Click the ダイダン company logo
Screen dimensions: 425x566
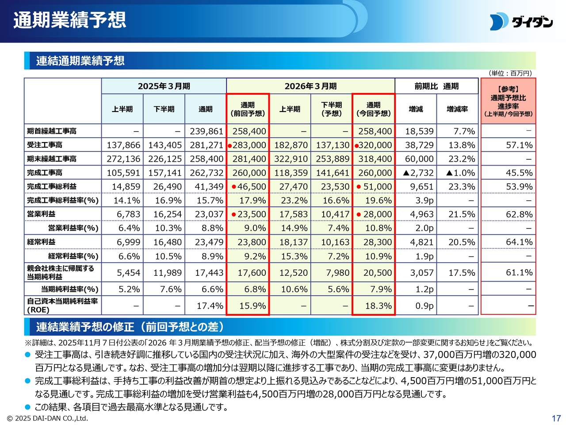point(521,22)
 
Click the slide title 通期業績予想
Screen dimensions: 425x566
point(69,20)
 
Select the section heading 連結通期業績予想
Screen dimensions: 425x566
point(80,61)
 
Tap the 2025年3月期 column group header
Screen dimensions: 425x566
point(164,86)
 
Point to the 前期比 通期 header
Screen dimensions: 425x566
point(436,86)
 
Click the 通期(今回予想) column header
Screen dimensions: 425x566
point(373,109)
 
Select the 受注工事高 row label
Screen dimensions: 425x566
point(45,145)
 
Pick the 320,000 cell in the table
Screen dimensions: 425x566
point(375,145)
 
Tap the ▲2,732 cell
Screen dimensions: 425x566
point(418,173)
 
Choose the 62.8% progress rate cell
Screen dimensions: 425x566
point(519,214)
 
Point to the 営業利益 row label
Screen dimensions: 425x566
point(41,214)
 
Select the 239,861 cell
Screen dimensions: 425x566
point(206,131)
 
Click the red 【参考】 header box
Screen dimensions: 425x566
point(508,101)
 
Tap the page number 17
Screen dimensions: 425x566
point(556,418)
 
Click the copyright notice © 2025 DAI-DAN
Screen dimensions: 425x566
point(47,418)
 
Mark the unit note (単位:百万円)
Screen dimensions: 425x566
point(510,73)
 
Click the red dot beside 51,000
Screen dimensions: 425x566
point(359,187)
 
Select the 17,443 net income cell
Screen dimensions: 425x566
point(209,273)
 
